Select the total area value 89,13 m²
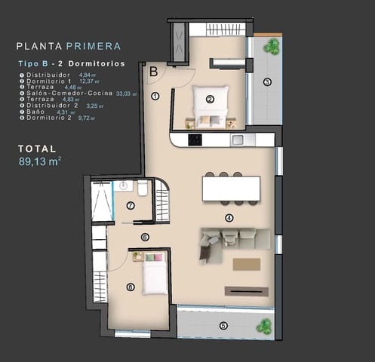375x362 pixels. click(39, 161)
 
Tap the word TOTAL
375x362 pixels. click(36, 149)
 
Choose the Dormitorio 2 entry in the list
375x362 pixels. click(46, 118)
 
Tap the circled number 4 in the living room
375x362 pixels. click(229, 218)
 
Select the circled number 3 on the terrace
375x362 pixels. click(266, 82)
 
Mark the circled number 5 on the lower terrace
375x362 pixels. click(223, 325)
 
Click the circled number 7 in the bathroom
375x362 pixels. click(130, 205)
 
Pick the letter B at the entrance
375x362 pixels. click(152, 72)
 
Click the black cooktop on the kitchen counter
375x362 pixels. click(194, 140)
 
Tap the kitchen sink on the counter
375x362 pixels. click(238, 140)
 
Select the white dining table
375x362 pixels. click(231, 188)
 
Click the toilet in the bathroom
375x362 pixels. click(143, 188)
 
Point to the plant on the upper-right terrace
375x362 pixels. click(271, 46)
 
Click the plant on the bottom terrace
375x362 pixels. click(263, 326)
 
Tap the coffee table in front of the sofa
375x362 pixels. click(246, 264)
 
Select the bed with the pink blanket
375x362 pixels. click(153, 274)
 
